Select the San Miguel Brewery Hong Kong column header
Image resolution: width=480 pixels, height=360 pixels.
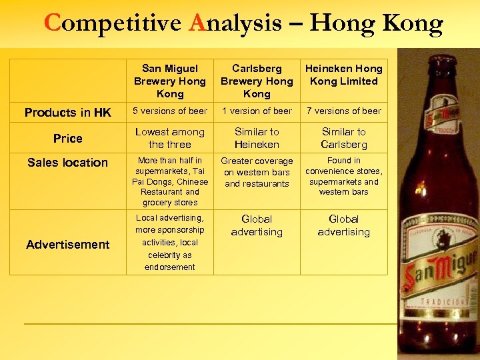(x=170, y=81)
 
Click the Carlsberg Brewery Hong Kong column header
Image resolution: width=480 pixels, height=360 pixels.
(x=257, y=81)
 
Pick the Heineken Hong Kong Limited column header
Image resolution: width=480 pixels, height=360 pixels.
(x=343, y=75)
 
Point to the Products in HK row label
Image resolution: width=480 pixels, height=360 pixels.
(x=67, y=112)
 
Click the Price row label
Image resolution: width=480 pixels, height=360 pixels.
(x=67, y=138)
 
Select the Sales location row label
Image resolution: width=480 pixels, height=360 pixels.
(x=67, y=162)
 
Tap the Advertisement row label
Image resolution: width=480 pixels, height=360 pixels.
(x=67, y=244)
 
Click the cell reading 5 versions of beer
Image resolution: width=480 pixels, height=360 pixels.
(x=170, y=111)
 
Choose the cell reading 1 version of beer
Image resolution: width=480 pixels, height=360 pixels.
(x=257, y=111)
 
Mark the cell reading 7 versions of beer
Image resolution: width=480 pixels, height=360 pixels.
(x=343, y=111)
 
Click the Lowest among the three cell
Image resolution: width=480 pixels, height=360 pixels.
(x=170, y=138)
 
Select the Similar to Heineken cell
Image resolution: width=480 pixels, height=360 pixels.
(x=257, y=138)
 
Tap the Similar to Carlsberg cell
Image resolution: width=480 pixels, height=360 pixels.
(x=343, y=138)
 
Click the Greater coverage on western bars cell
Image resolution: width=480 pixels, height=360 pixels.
(x=257, y=172)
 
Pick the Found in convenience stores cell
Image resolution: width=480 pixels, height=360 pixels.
(x=343, y=176)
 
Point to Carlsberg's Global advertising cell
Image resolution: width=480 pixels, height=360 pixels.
(x=257, y=225)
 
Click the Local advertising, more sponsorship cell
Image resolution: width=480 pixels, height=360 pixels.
(x=170, y=242)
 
